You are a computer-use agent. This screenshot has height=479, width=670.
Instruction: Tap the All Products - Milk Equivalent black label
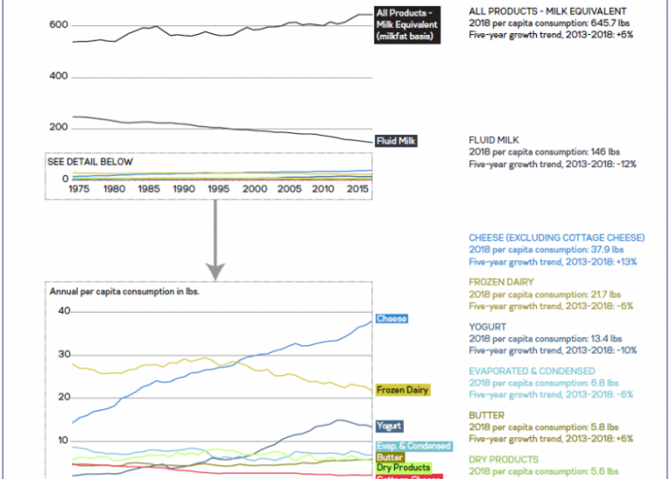406,24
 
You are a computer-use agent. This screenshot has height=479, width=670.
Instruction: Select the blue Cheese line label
392,319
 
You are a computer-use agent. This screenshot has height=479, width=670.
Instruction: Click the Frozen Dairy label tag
402,390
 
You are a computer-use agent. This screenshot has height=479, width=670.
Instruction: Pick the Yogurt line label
389,425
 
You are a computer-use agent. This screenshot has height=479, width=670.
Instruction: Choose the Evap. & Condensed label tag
414,446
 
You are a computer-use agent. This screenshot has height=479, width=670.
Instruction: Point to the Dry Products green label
403,467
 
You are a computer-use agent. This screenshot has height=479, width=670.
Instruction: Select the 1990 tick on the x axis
184,189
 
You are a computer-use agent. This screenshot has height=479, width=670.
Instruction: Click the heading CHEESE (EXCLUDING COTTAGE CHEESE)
556,238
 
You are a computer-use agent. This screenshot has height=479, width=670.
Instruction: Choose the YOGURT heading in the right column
488,327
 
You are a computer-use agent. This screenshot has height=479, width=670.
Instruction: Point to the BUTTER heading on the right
487,416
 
